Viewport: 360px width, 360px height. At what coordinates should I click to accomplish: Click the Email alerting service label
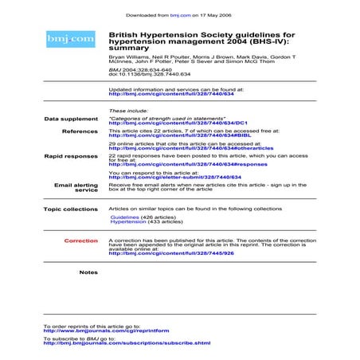(x=76, y=188)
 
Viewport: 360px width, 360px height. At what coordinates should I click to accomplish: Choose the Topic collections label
(x=71, y=209)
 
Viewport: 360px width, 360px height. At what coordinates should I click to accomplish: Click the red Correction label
(x=81, y=240)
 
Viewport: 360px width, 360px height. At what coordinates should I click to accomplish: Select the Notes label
(x=88, y=272)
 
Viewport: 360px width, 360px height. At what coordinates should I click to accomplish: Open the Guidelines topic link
(x=124, y=217)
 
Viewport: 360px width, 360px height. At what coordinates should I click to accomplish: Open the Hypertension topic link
(x=128, y=222)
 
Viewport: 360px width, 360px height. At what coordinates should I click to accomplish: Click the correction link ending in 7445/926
(x=170, y=252)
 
